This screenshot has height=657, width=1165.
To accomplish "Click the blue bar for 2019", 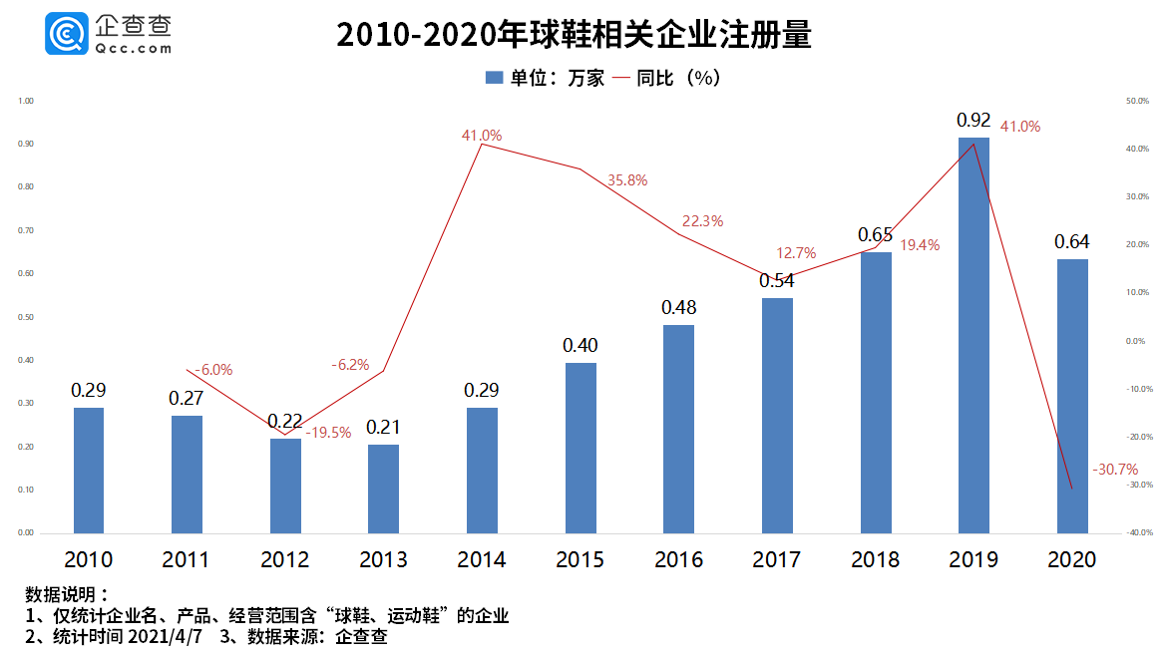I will coord(973,335).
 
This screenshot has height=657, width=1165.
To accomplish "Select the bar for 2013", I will coord(383,489).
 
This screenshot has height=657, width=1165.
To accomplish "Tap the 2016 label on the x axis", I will coord(678,560).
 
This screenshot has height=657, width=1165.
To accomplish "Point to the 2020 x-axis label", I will coord(1072,560).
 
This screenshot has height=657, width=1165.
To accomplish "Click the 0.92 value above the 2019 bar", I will coord(973,121).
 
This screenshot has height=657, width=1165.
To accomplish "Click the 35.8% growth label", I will coord(627,180).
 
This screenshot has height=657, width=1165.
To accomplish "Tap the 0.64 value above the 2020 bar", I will coord(1072,241).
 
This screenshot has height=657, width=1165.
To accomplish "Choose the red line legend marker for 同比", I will coord(620,78).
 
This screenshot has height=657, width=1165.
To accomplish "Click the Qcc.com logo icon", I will coord(66,34).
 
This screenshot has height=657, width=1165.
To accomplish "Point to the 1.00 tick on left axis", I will coord(26,101).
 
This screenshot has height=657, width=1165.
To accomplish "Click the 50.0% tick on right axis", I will coord(1138,101).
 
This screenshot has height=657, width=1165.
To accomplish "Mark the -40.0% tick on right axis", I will coord(1138,533).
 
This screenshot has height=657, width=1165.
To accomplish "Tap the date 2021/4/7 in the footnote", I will coord(169,636).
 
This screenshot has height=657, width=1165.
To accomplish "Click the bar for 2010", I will coord(89,471).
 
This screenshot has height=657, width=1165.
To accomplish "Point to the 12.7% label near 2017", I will coord(796,253).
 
